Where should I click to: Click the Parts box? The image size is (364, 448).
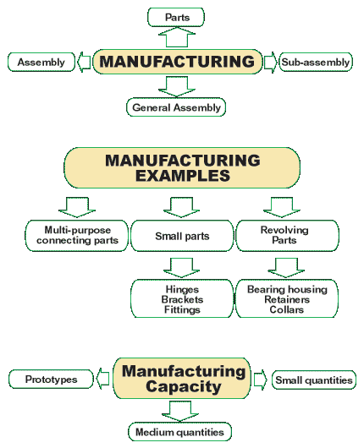click(x=176, y=17)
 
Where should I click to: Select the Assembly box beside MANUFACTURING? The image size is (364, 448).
click(x=41, y=62)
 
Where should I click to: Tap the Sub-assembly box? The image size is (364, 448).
click(x=316, y=62)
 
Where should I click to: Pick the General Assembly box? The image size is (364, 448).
click(x=176, y=107)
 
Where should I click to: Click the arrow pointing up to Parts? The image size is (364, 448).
click(x=177, y=37)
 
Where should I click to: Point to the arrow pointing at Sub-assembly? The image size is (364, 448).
click(x=270, y=63)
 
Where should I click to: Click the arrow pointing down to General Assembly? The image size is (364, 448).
click(x=177, y=86)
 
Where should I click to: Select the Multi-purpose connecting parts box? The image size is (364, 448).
click(x=77, y=236)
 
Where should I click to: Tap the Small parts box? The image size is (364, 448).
click(x=182, y=236)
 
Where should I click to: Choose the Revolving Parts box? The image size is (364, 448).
click(x=287, y=236)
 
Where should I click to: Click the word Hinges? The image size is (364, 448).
click(x=182, y=289)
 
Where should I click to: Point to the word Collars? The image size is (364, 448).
click(x=286, y=309)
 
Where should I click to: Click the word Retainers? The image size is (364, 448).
click(x=287, y=299)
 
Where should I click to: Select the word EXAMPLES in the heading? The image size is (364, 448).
click(x=183, y=176)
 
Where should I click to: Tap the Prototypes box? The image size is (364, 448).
click(x=51, y=380)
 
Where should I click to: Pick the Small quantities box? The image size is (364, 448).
click(x=314, y=380)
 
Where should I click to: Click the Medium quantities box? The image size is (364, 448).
click(x=179, y=432)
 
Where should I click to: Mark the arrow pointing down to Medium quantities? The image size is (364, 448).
click(x=180, y=411)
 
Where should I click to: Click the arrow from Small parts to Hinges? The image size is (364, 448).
click(x=181, y=268)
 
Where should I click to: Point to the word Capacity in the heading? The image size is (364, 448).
click(x=183, y=386)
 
